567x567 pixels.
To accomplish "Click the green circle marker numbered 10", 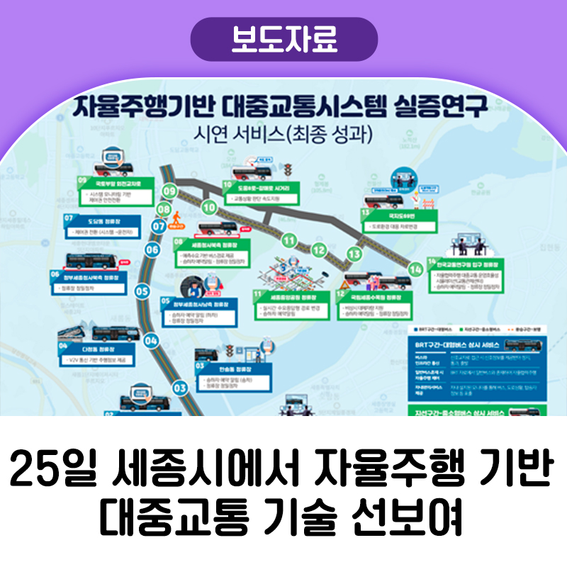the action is tap(208, 208).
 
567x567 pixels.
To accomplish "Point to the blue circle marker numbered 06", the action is tap(152, 249).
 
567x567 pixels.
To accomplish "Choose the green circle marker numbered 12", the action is tap(320, 250).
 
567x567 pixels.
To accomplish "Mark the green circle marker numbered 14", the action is tap(416, 269).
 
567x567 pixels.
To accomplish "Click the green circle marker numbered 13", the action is tap(354, 253).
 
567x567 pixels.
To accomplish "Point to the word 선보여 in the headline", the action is tap(420, 520).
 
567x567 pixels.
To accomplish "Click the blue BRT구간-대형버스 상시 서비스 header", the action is tap(466, 344).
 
